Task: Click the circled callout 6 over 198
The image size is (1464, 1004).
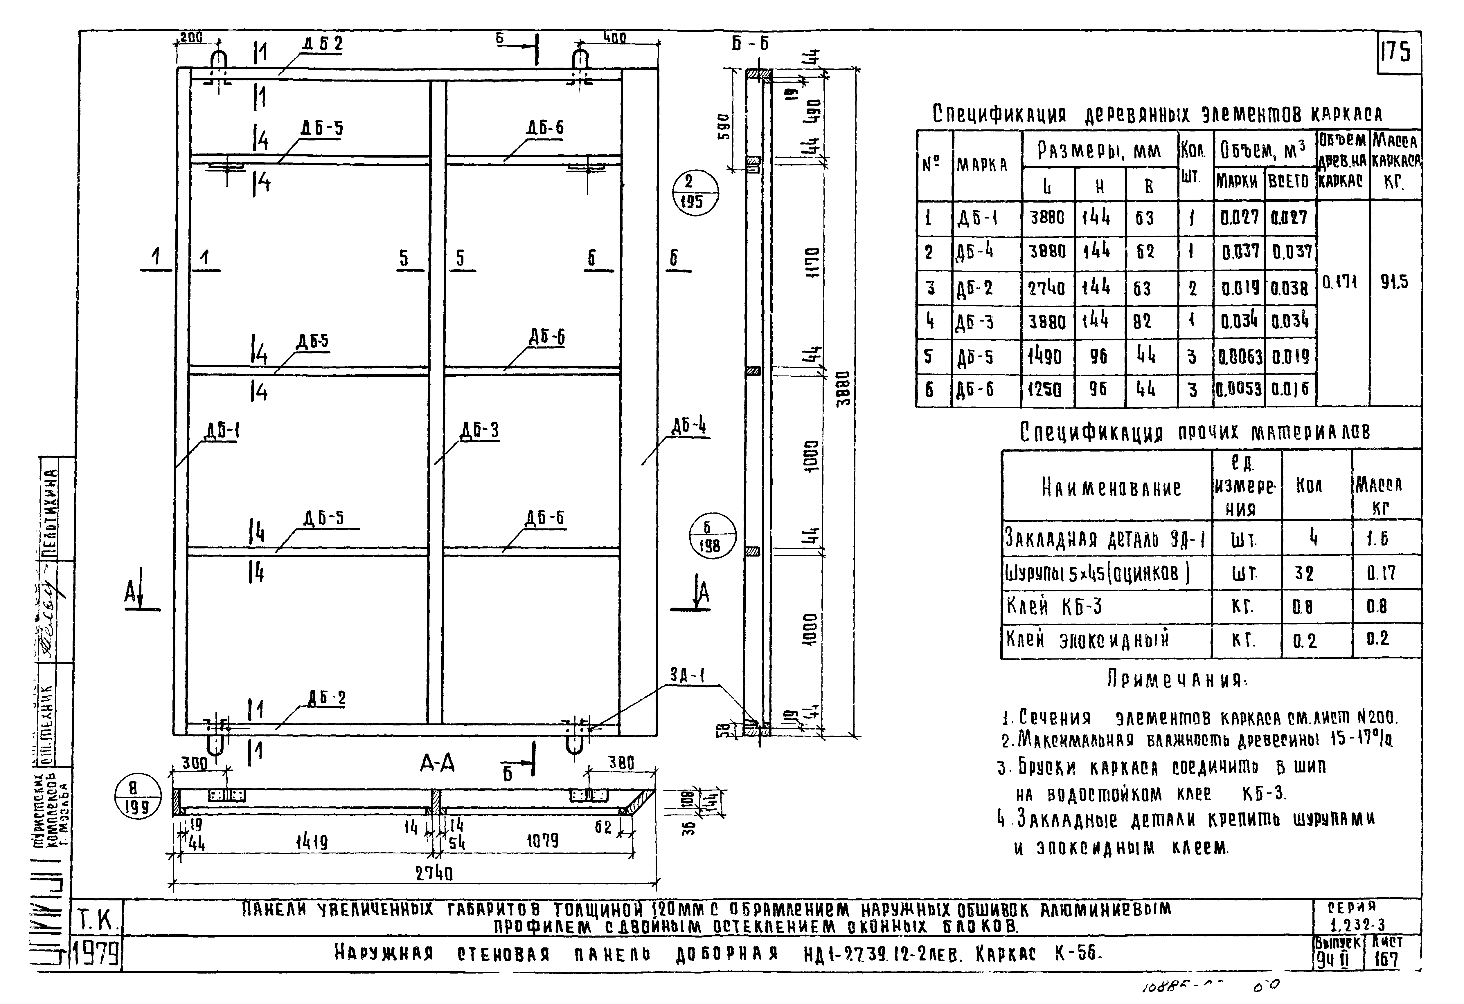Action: pos(711,536)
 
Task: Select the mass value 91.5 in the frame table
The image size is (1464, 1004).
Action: pos(1394,282)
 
